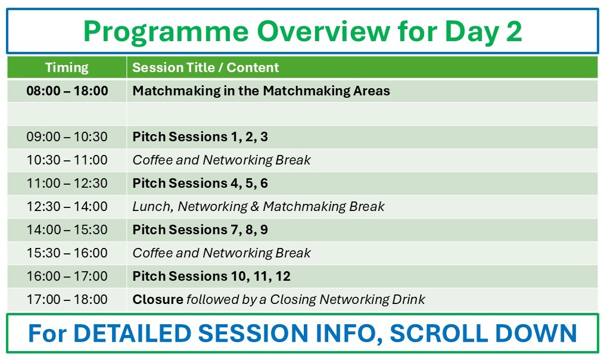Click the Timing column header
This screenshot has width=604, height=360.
(x=67, y=67)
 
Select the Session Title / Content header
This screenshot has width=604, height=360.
(x=206, y=67)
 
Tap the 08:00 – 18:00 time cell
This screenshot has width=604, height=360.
(x=67, y=91)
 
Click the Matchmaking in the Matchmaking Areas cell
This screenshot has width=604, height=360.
(x=261, y=91)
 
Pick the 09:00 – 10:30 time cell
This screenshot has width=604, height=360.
(x=67, y=137)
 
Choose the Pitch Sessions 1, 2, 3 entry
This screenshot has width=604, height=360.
(x=200, y=137)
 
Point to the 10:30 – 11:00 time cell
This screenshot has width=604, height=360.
(x=67, y=160)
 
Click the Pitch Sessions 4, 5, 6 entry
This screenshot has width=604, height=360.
(x=200, y=183)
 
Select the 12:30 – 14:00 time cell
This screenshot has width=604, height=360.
(x=67, y=207)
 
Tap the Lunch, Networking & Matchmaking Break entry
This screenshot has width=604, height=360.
(x=259, y=207)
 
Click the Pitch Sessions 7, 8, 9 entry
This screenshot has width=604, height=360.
(x=200, y=229)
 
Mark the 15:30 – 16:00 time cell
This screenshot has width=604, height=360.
(x=67, y=253)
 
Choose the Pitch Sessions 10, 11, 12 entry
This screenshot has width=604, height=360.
(x=211, y=277)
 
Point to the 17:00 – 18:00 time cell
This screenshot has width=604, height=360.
(x=67, y=299)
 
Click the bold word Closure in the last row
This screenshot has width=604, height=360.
(x=158, y=299)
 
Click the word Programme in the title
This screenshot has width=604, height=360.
(x=166, y=32)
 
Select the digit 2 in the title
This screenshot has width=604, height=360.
(x=514, y=31)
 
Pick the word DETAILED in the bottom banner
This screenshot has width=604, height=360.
(x=132, y=333)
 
